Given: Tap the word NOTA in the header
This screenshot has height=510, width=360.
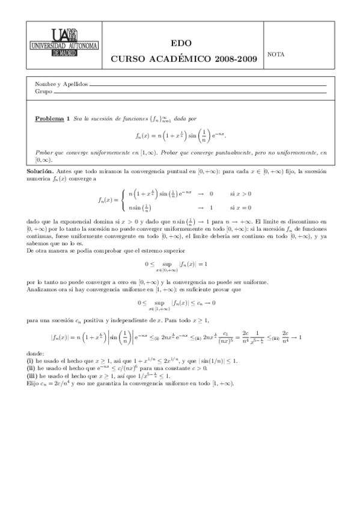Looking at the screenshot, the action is (276, 54).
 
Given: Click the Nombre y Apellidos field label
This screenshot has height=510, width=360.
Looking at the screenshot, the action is (61, 85).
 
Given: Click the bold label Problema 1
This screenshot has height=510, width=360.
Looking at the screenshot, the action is (52, 118).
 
